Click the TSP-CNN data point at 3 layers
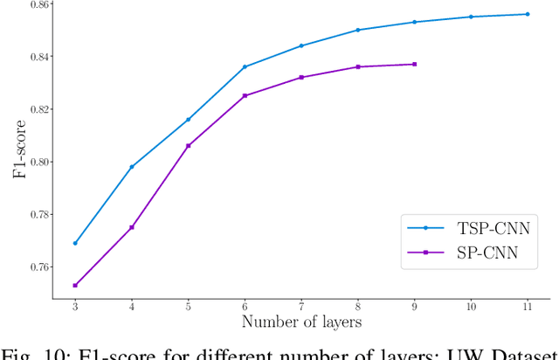pyautogui.click(x=75, y=243)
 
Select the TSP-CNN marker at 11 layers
pyautogui.click(x=528, y=14)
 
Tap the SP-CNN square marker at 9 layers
pyautogui.click(x=414, y=64)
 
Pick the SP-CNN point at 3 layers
pyautogui.click(x=75, y=285)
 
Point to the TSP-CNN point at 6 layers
pyautogui.click(x=245, y=66)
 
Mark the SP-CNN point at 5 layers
pyautogui.click(x=188, y=145)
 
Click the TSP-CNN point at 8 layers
pyautogui.click(x=358, y=30)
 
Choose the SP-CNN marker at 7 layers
pyautogui.click(x=301, y=77)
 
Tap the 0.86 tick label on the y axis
pyautogui.click(x=37, y=4)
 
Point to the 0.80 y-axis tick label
pyautogui.click(x=37, y=162)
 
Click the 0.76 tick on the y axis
pyautogui.click(x=37, y=267)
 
